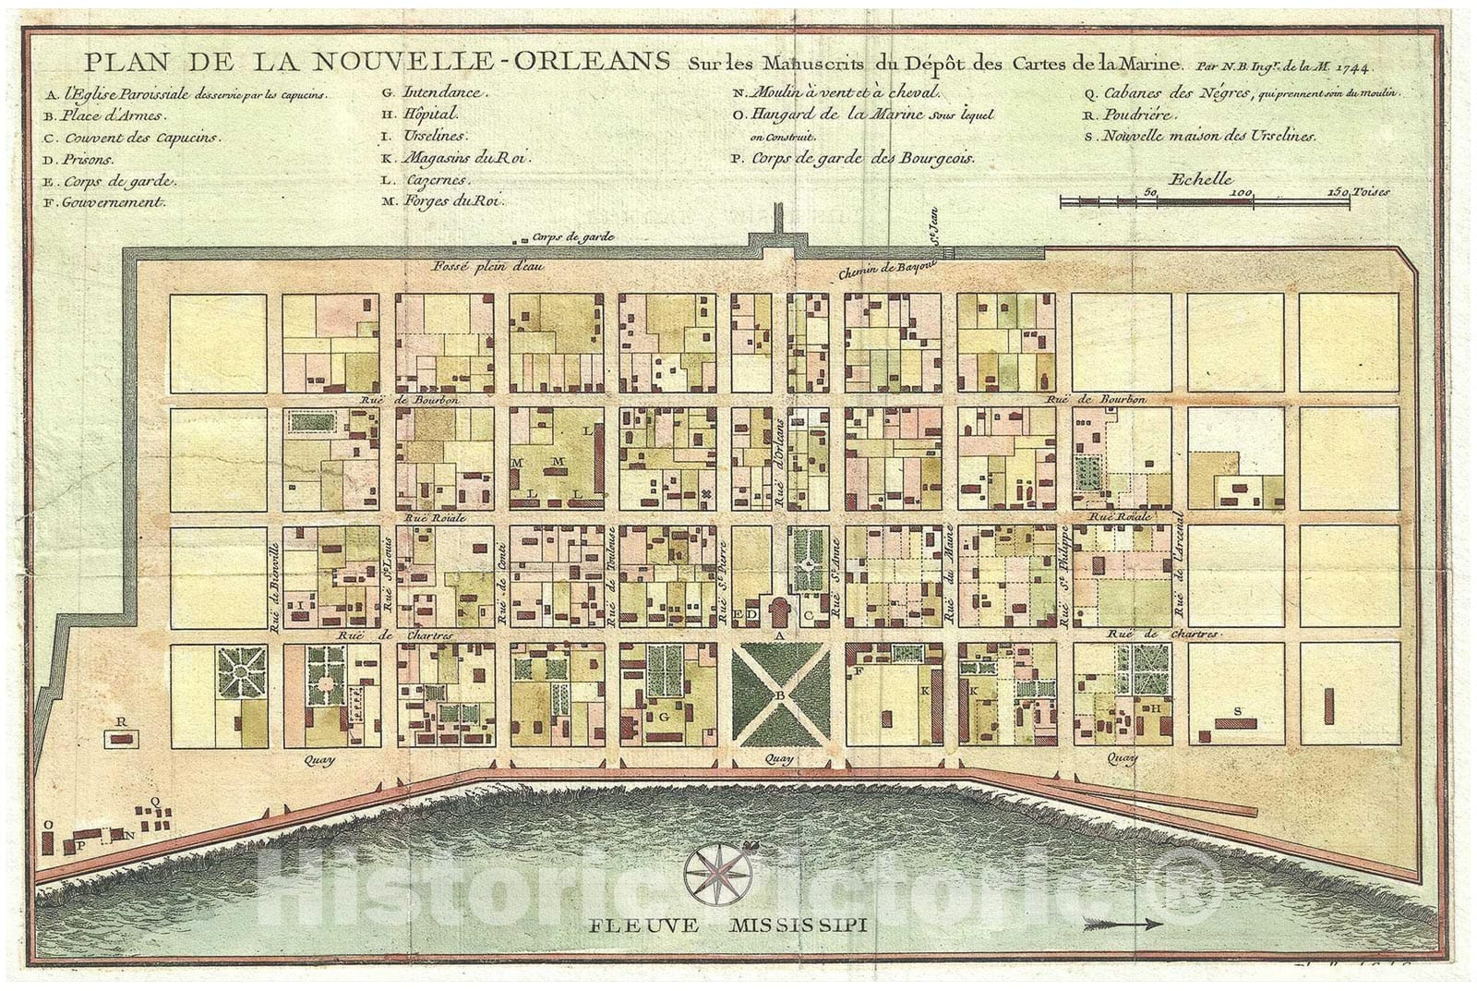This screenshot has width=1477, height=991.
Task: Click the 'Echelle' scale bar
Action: pyautogui.click(x=1205, y=198)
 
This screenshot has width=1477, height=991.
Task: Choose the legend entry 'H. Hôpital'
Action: pyautogui.click(x=430, y=115)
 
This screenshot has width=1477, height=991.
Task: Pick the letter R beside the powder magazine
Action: pyautogui.click(x=120, y=720)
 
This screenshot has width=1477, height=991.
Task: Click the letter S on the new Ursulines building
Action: pyautogui.click(x=1238, y=710)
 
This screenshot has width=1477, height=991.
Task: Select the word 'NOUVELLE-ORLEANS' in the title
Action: pyautogui.click(x=490, y=62)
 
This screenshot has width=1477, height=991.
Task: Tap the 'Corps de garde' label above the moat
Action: pyautogui.click(x=573, y=236)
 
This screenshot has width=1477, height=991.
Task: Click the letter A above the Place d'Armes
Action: pyautogui.click(x=779, y=636)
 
